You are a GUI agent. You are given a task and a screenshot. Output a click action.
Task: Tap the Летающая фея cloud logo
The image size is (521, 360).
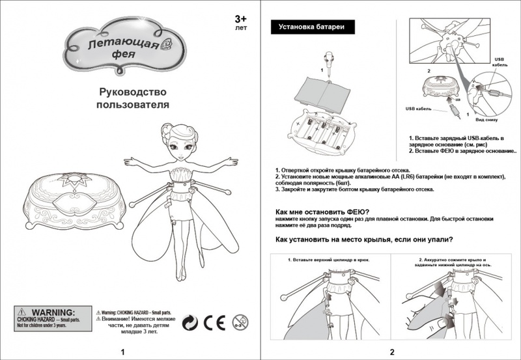[123, 47]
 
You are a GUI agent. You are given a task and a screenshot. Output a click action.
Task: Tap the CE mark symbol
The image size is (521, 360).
[213, 321]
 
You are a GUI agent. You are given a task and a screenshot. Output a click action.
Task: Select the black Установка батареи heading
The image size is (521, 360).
[306, 27]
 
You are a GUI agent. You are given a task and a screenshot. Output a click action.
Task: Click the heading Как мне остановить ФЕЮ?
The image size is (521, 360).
[322, 212]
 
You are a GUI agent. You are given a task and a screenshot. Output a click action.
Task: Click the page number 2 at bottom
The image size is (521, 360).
[392, 352]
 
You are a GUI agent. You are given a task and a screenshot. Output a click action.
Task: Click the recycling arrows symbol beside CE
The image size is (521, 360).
[189, 321]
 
